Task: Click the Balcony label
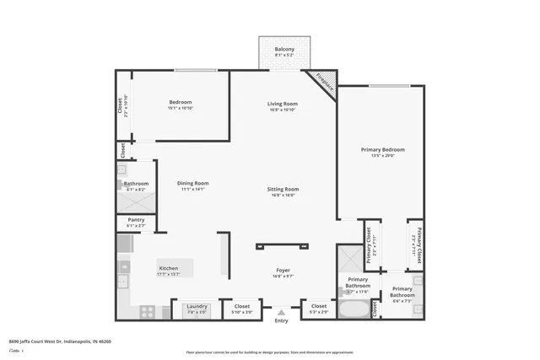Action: tap(284, 50)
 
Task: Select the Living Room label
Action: tap(283, 104)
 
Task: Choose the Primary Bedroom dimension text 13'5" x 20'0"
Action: tap(377, 155)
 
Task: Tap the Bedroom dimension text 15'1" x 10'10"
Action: tap(180, 108)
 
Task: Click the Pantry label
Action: tap(136, 221)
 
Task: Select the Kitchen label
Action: tap(169, 268)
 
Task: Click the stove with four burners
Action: tap(147, 310)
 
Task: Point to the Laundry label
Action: tap(197, 306)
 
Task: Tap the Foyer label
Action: tap(282, 271)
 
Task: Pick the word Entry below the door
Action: tap(282, 320)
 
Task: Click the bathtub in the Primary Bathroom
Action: tap(354, 309)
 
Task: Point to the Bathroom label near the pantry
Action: tap(136, 184)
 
